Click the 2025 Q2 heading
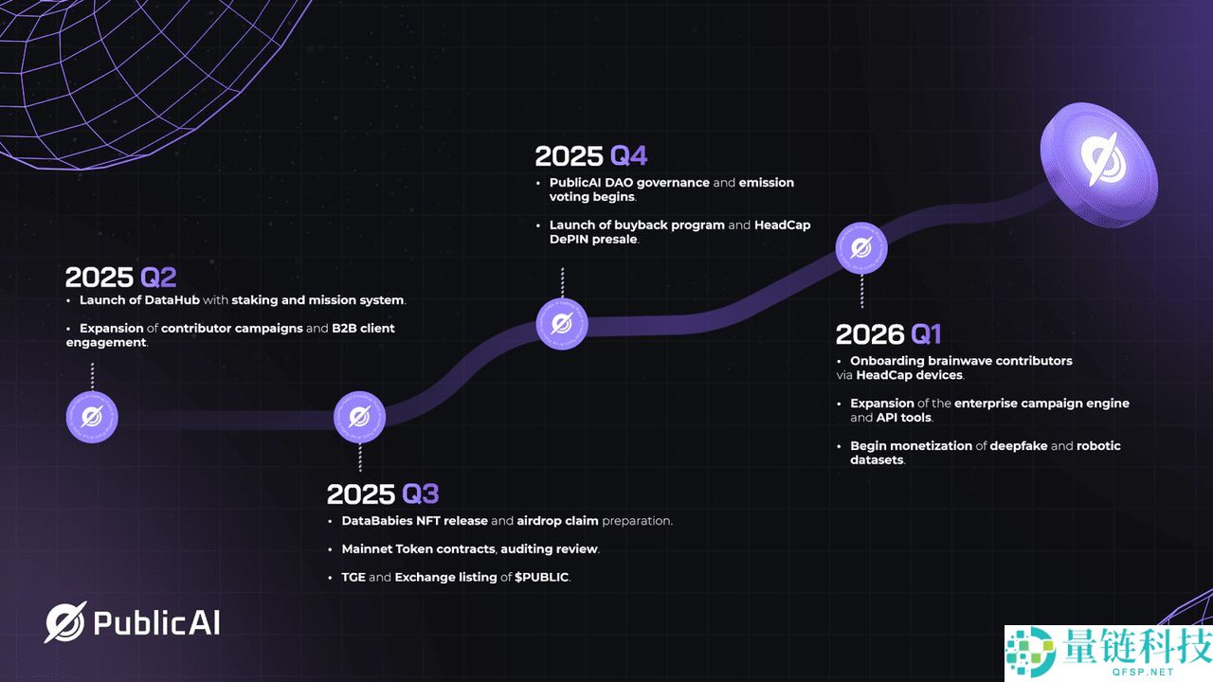point(120,278)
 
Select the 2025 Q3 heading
point(383,494)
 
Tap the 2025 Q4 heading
point(590,156)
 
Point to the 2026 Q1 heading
point(888,334)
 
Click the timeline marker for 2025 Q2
point(92,417)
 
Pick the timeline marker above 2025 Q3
point(359,417)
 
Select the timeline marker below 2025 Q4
point(562,324)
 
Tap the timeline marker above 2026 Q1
point(861,248)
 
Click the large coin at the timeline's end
point(1099,164)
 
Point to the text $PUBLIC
point(541,577)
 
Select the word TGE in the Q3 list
point(353,577)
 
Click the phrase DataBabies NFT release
point(414,521)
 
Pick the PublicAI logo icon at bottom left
point(65,622)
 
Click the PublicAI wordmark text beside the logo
point(156,622)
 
